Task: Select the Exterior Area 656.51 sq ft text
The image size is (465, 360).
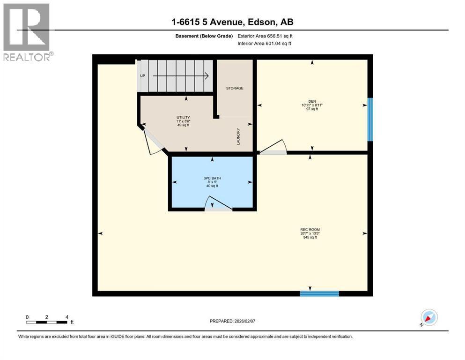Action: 265,36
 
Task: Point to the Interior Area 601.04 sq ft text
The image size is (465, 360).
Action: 264,43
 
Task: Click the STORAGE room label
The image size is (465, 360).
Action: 235,88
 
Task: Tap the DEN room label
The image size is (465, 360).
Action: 312,101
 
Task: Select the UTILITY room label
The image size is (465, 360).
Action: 183,118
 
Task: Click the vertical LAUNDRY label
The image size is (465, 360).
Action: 238,136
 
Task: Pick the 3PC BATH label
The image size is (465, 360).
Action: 212,178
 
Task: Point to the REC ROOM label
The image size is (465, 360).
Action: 310,229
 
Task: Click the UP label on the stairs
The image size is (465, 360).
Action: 143,75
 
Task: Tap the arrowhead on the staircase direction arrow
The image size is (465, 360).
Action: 207,76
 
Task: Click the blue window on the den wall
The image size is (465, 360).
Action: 370,120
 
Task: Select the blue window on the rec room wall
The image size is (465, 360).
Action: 319,293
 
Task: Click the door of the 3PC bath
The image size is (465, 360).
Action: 218,203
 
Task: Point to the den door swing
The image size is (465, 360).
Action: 273,147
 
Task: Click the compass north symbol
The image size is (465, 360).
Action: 429,317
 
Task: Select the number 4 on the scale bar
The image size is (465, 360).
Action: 67,317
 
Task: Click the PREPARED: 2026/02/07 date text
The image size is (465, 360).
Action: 232,321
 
